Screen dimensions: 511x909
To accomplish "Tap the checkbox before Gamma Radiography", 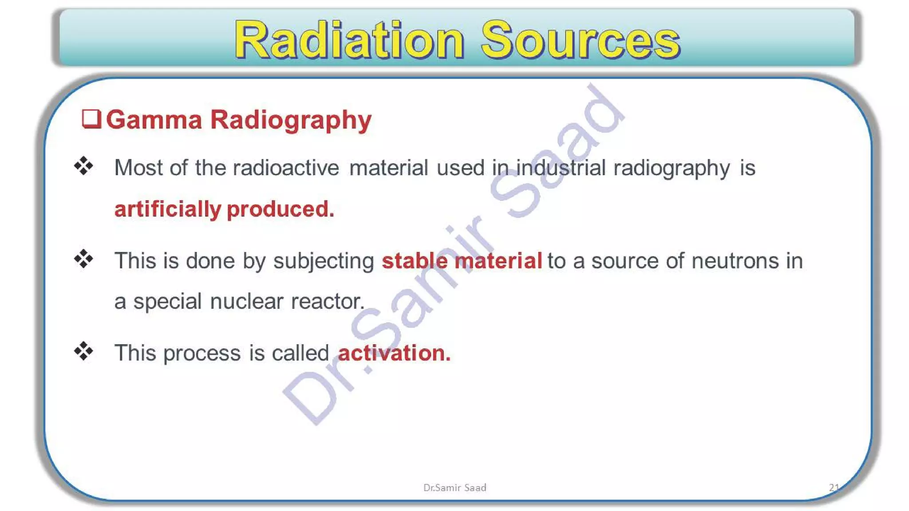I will click(91, 119).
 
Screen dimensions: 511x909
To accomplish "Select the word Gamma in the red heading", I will click(154, 120).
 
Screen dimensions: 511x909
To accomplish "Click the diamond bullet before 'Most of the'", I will click(83, 166).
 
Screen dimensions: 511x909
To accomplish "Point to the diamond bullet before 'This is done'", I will click(83, 259).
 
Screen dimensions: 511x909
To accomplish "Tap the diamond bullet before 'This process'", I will click(83, 351).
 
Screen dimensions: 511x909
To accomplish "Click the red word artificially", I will click(167, 209).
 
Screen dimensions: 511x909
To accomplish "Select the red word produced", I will click(280, 209).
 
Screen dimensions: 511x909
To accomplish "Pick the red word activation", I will click(394, 353).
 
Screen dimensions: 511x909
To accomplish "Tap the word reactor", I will click(328, 302).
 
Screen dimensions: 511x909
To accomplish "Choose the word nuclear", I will click(246, 302).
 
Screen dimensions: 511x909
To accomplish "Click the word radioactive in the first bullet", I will click(286, 168).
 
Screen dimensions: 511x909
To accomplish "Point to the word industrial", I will click(561, 168).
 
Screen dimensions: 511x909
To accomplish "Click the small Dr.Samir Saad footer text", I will click(454, 487).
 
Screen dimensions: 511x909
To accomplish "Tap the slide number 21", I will click(834, 487).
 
